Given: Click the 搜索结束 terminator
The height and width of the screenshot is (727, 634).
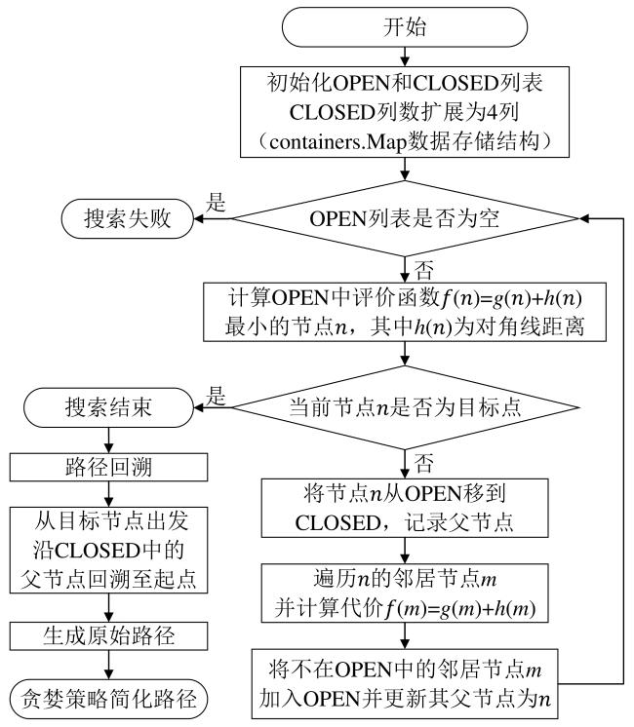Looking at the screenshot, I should [108, 403].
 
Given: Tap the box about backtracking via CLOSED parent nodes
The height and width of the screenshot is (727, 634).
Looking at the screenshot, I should [108, 549].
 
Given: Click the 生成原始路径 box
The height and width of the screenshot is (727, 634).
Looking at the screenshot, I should [108, 636].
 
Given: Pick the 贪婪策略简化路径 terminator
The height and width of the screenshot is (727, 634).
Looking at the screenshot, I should [108, 697].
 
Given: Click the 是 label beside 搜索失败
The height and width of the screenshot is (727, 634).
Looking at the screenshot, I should [218, 203].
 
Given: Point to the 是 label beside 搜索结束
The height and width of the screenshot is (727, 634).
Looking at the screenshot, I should [218, 394].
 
